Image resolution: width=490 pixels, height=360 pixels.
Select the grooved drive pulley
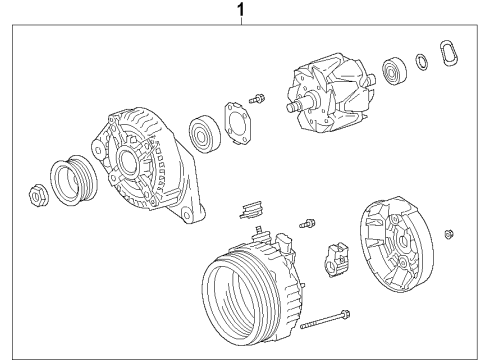(x=72, y=180)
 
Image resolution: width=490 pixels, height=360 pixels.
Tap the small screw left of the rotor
(x=259, y=98)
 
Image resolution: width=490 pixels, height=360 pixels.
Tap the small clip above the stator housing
(x=250, y=210)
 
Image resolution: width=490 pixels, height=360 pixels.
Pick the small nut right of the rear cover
(x=449, y=235)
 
